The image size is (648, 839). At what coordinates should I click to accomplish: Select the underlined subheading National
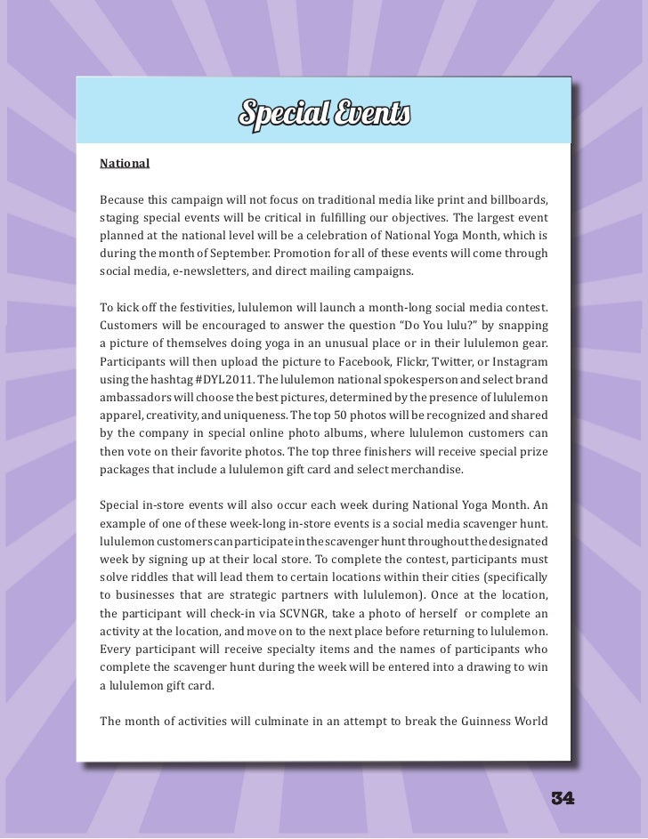[x=125, y=165]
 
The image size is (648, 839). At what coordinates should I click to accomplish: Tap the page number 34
[x=563, y=798]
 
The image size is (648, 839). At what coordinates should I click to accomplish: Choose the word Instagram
[x=518, y=363]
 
